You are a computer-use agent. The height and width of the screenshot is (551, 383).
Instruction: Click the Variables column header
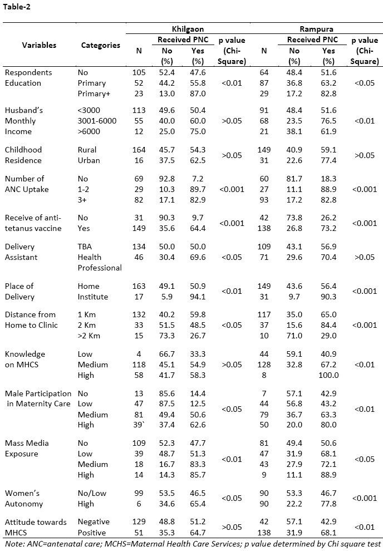click(x=40, y=45)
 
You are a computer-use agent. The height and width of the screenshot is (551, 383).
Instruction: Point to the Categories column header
click(x=100, y=45)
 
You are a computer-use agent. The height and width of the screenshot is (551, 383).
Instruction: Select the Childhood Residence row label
click(x=23, y=155)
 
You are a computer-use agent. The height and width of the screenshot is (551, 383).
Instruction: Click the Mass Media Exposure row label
click(x=27, y=448)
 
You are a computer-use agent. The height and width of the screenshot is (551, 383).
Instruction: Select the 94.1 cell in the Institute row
click(x=197, y=297)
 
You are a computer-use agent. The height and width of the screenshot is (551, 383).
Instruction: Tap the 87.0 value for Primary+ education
click(x=197, y=94)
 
